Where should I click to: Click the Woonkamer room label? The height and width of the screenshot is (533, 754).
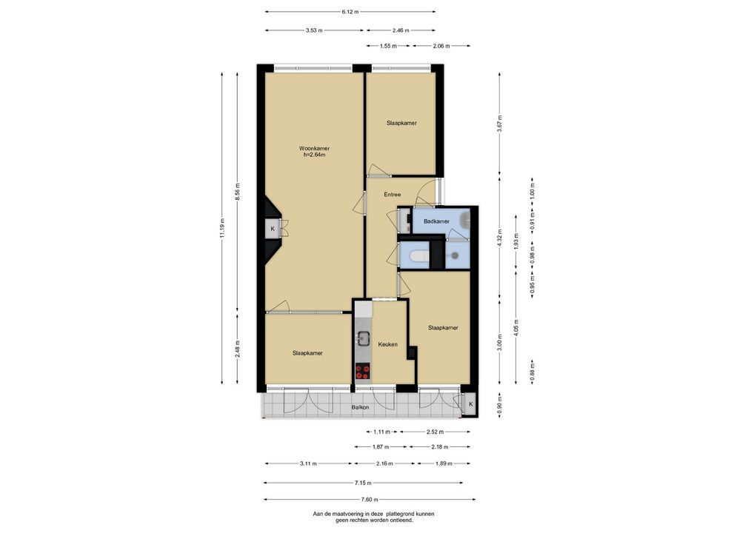[314, 149]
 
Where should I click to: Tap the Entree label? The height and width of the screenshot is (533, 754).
[392, 195]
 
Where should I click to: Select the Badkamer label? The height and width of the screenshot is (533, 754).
[437, 221]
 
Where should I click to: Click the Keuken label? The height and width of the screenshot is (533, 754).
[387, 345]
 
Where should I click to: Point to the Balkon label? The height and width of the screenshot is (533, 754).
[360, 408]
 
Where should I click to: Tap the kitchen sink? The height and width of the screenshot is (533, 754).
[363, 338]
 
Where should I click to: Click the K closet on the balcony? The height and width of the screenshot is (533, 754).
[470, 404]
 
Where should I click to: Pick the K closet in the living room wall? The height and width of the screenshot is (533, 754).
[273, 229]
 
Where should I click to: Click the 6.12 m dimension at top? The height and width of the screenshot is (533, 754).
[350, 12]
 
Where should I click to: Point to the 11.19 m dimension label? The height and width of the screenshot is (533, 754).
[221, 228]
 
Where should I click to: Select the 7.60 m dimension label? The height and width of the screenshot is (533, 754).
[370, 500]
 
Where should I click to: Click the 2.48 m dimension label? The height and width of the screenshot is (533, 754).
[238, 349]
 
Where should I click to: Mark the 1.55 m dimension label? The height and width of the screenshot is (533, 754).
[388, 46]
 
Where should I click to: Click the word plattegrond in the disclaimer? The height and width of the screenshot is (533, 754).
[389, 514]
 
